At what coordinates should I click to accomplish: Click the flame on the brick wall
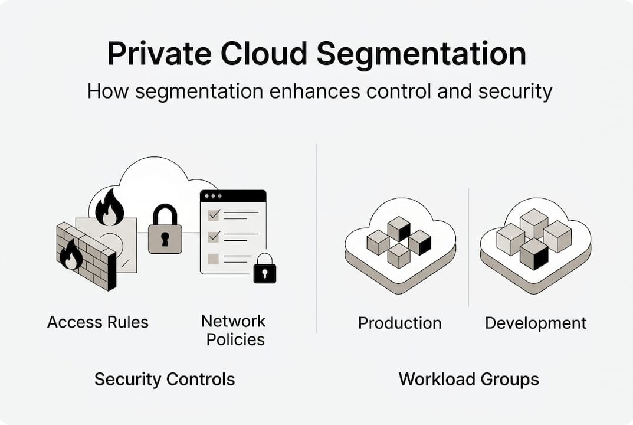(x=71, y=254)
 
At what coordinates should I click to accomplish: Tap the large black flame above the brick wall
(x=110, y=208)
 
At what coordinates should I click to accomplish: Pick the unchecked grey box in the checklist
(x=214, y=259)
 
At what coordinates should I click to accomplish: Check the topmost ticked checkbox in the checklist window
(x=214, y=213)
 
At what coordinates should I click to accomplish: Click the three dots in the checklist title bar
(x=212, y=195)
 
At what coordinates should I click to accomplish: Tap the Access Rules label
(x=98, y=322)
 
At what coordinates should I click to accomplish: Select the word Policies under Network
(x=235, y=339)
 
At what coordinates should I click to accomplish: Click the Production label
(x=399, y=323)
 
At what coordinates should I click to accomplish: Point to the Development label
(x=536, y=323)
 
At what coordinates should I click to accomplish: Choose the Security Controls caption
(x=165, y=379)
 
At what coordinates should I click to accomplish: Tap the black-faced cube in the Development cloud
(x=534, y=254)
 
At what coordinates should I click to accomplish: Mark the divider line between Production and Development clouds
(x=468, y=248)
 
